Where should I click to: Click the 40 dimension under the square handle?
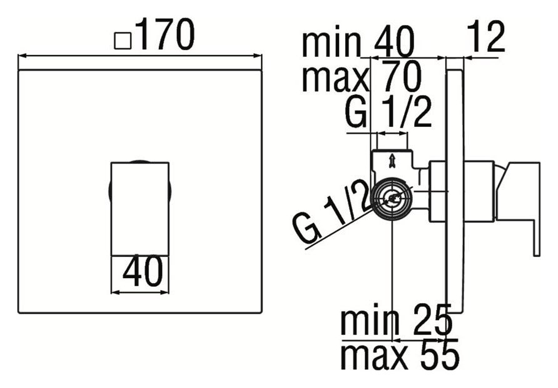[139, 272]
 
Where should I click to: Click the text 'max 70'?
[361, 78]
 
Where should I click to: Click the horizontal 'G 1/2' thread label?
[389, 113]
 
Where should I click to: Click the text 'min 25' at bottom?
[395, 322]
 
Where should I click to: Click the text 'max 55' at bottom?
[399, 356]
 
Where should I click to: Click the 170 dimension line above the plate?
[140, 55]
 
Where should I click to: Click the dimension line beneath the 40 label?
[139, 291]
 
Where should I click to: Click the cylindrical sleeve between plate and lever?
[479, 191]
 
